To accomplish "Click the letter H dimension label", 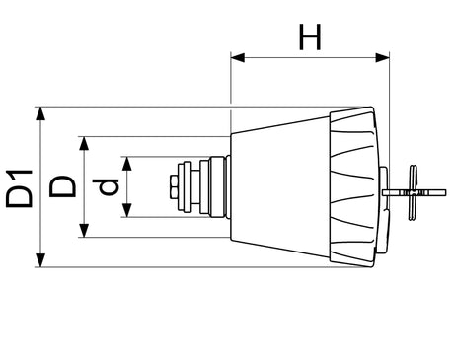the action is pyautogui.click(x=310, y=36).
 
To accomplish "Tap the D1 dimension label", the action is pyautogui.click(x=20, y=188).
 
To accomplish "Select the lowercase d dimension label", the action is pyautogui.click(x=106, y=186).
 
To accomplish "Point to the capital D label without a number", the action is pyautogui.click(x=62, y=186).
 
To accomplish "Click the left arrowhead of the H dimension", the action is pyautogui.click(x=238, y=58).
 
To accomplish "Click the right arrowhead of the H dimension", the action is pyautogui.click(x=383, y=58).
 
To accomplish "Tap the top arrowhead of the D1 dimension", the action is pyautogui.click(x=40, y=114).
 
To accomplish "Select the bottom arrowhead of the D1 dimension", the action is pyautogui.click(x=40, y=260).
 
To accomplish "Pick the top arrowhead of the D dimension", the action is pyautogui.click(x=84, y=143).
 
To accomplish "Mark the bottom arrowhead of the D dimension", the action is pyautogui.click(x=84, y=230).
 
